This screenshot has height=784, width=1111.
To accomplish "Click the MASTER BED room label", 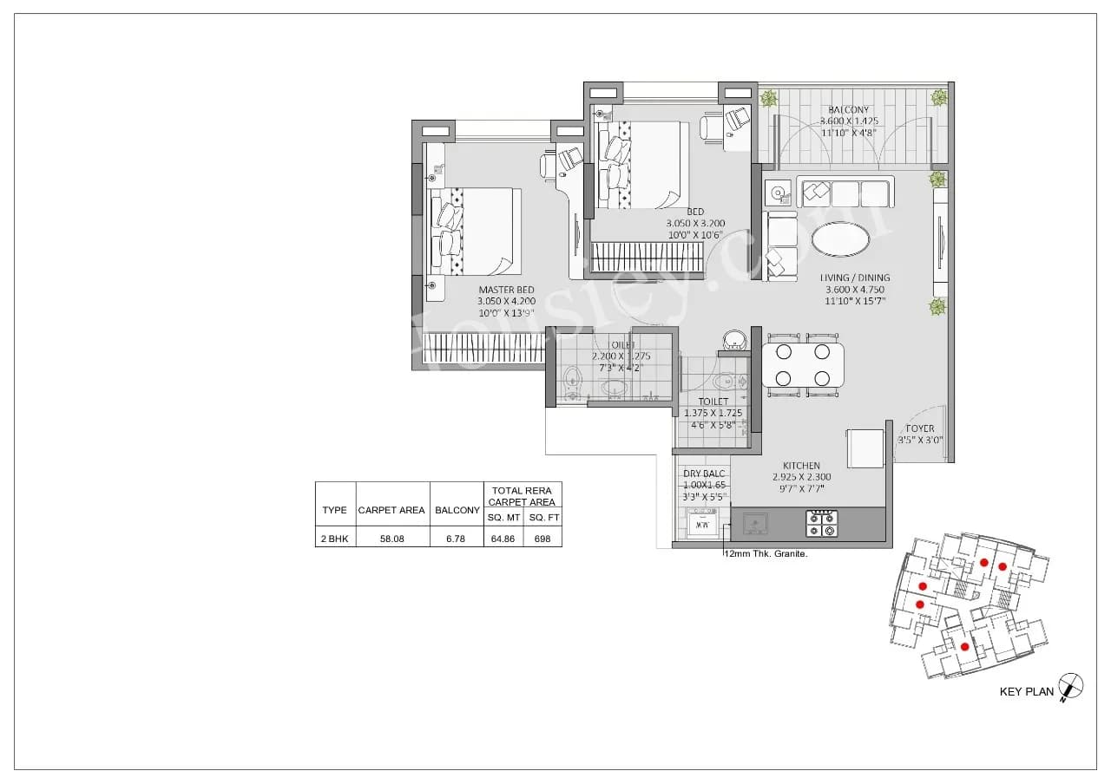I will tap(506, 290).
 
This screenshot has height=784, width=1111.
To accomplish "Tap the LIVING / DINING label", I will tap(855, 278).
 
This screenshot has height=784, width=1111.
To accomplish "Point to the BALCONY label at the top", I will tap(847, 110).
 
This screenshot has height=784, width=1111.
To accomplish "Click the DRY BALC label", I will tap(704, 474).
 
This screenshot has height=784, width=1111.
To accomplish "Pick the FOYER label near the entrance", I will tap(920, 428).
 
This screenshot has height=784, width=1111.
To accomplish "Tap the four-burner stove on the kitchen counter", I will tap(821, 523).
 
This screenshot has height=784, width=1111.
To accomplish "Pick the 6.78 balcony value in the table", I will tap(456, 539).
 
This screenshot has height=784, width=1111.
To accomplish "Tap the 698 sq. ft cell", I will tap(542, 539).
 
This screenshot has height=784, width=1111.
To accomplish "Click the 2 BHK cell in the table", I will tap(334, 539).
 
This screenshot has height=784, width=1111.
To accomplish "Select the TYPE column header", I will tap(334, 510).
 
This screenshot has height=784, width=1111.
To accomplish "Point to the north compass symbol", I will tap(1071, 686).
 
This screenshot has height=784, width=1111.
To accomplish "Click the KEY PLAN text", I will tap(1026, 691).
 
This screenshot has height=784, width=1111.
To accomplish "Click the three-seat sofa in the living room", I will tap(845, 193).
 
